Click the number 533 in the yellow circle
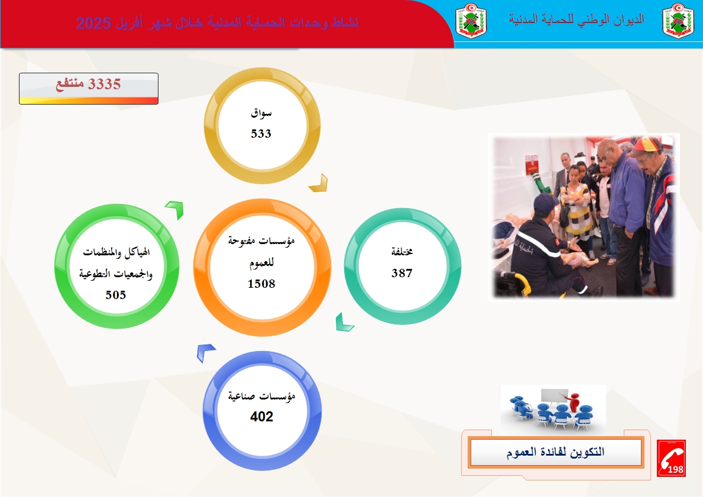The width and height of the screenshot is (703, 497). [x=261, y=134]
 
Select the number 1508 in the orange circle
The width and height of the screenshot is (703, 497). [x=261, y=284]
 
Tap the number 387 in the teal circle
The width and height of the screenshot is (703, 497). [x=401, y=273]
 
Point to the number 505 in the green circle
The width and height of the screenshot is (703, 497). [x=116, y=295]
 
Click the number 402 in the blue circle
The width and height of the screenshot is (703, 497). [x=261, y=417]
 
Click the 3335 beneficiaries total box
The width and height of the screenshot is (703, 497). [x=89, y=89]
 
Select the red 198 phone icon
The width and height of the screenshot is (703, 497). [x=671, y=458]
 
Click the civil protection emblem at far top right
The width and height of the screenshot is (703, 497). [x=678, y=21]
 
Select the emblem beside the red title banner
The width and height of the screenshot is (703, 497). [x=471, y=21]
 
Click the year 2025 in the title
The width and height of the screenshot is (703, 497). [x=93, y=23]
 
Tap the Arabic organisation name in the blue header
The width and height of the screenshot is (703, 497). [x=576, y=20]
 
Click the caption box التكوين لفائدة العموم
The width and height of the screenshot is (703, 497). [x=556, y=452]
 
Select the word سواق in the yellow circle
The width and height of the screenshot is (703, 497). [x=261, y=113]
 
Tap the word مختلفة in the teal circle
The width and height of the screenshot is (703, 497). [x=401, y=251]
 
